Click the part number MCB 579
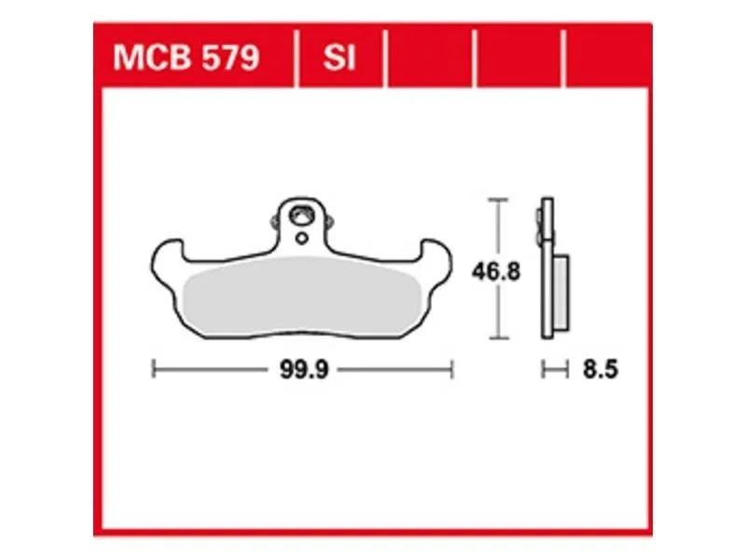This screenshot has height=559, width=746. coord(186,58)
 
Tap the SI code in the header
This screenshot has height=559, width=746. coord(339,58)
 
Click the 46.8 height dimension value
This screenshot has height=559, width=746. coord(496,272)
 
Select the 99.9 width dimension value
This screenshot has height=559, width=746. coord(304,369)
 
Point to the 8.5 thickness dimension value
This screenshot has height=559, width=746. coord(601,369)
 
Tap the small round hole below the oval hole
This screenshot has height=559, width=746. coord(301,239)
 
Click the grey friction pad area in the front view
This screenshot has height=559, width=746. coord(302,294)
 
